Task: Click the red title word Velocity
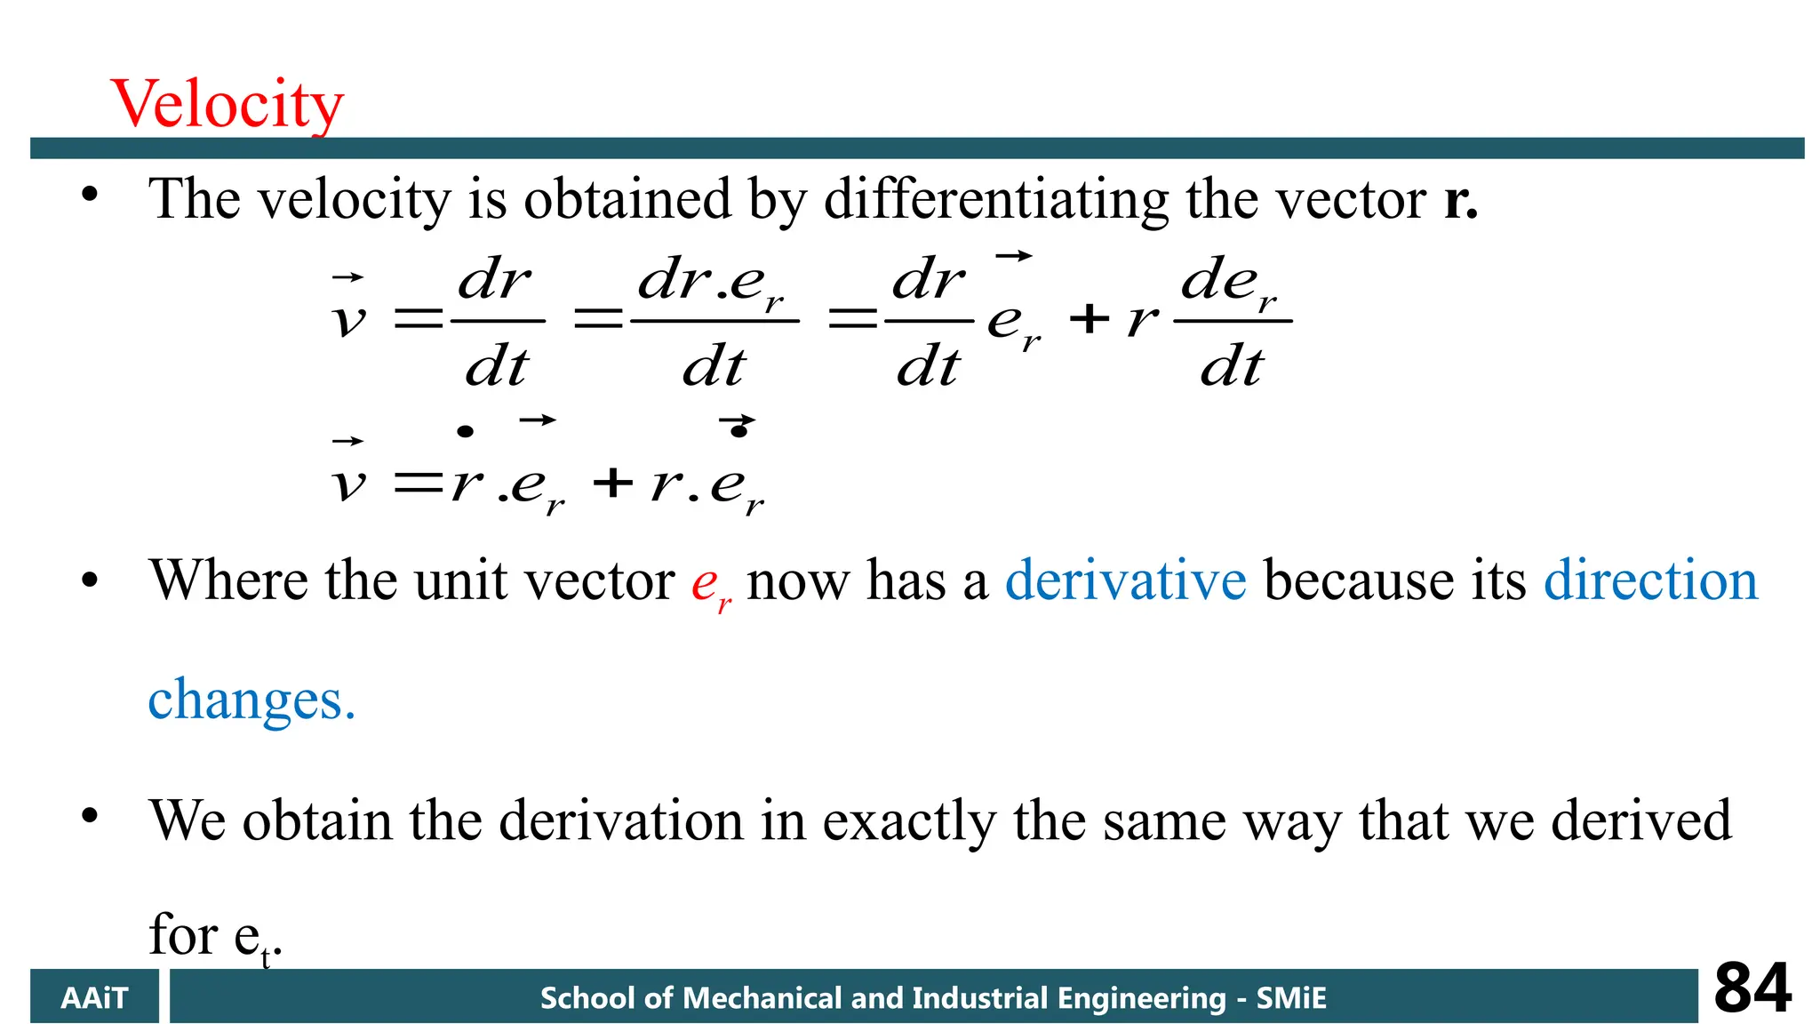pyautogui.click(x=227, y=104)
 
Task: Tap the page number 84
pyautogui.click(x=1752, y=988)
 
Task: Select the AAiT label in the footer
pyautogui.click(x=94, y=998)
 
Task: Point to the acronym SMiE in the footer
pyautogui.click(x=1290, y=998)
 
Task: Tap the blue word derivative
pyautogui.click(x=1125, y=580)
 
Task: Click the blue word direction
pyautogui.click(x=1650, y=580)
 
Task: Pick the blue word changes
pyautogui.click(x=251, y=700)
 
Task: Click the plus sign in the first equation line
pyautogui.click(x=1090, y=319)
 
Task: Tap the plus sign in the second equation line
pyautogui.click(x=613, y=484)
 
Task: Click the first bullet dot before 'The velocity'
pyautogui.click(x=89, y=195)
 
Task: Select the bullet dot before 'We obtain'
pyautogui.click(x=89, y=815)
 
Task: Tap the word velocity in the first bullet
pyautogui.click(x=354, y=199)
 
